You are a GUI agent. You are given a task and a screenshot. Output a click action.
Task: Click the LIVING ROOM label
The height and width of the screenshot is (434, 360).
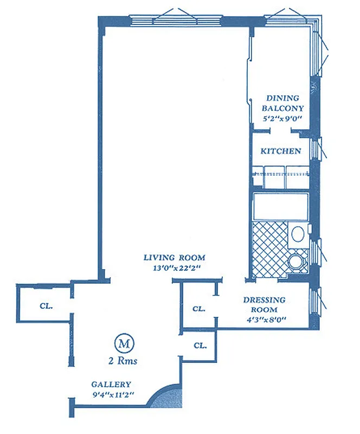click(174, 257)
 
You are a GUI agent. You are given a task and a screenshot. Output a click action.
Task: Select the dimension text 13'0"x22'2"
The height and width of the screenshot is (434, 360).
click(174, 267)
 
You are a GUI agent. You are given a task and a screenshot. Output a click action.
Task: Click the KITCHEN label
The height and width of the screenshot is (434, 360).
click(281, 151)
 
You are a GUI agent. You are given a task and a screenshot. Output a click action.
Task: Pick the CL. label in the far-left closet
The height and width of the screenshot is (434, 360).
click(46, 305)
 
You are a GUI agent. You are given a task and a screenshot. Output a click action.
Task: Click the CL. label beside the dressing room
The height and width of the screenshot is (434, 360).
click(199, 309)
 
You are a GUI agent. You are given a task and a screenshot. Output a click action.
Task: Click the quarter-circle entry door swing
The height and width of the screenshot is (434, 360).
click(166, 397)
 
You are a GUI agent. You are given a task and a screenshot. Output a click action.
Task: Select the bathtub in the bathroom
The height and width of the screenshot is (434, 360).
click(281, 207)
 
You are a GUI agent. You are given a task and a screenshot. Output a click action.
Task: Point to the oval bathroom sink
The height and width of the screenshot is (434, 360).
click(297, 234)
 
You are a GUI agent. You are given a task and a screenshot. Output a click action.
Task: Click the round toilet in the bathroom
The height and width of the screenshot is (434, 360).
click(296, 263)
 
